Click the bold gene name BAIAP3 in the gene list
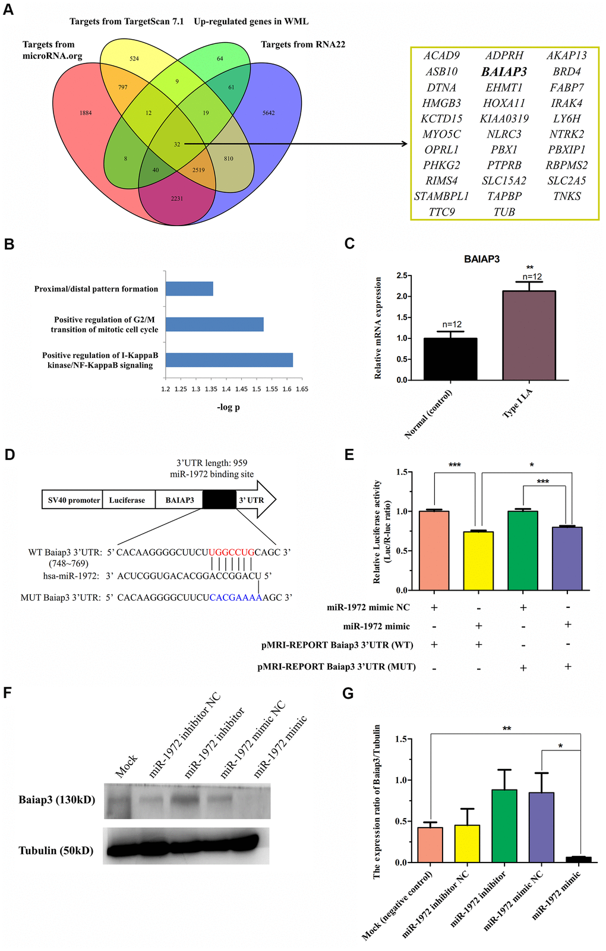pyautogui.click(x=504, y=72)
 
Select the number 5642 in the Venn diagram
pyautogui.click(x=269, y=113)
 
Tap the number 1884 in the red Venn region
pyautogui.click(x=86, y=113)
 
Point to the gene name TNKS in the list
pyautogui.click(x=567, y=196)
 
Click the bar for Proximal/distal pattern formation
pyautogui.click(x=189, y=289)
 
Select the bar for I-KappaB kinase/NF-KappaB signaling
pyautogui.click(x=229, y=360)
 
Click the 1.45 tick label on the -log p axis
pyautogui.click(x=241, y=389)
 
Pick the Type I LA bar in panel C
pyautogui.click(x=529, y=335)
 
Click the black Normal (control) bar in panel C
pyautogui.click(x=450, y=359)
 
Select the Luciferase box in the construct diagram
pyautogui.click(x=127, y=500)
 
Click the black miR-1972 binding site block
pyautogui.click(x=219, y=500)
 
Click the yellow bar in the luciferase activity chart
pyautogui.click(x=478, y=560)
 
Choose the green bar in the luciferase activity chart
pyautogui.click(x=523, y=550)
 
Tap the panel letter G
pyautogui.click(x=348, y=693)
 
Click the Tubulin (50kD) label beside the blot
pyautogui.click(x=56, y=851)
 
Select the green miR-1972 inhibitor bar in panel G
pyautogui.click(x=504, y=826)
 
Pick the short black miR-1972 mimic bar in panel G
pyautogui.click(x=578, y=859)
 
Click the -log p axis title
pyautogui.click(x=228, y=407)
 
